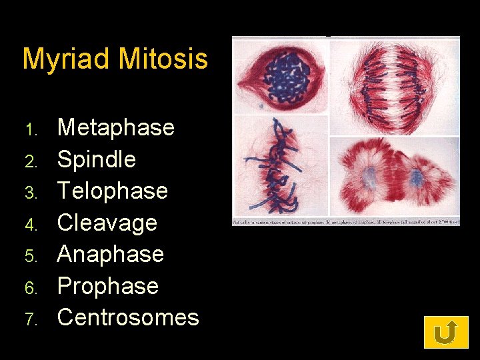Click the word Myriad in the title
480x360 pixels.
pyautogui.click(x=67, y=59)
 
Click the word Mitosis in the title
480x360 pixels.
pyautogui.click(x=163, y=59)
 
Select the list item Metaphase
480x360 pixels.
pyautogui.click(x=116, y=127)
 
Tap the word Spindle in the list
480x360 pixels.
pyautogui.click(x=97, y=159)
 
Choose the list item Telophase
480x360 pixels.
pyautogui.click(x=113, y=191)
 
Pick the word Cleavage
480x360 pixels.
pyautogui.click(x=107, y=223)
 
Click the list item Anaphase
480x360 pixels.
pyautogui.click(x=111, y=254)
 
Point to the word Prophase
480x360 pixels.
pyautogui.click(x=108, y=286)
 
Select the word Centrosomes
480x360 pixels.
pyautogui.click(x=128, y=317)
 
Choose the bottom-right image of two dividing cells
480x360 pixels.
pyautogui.click(x=395, y=176)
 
